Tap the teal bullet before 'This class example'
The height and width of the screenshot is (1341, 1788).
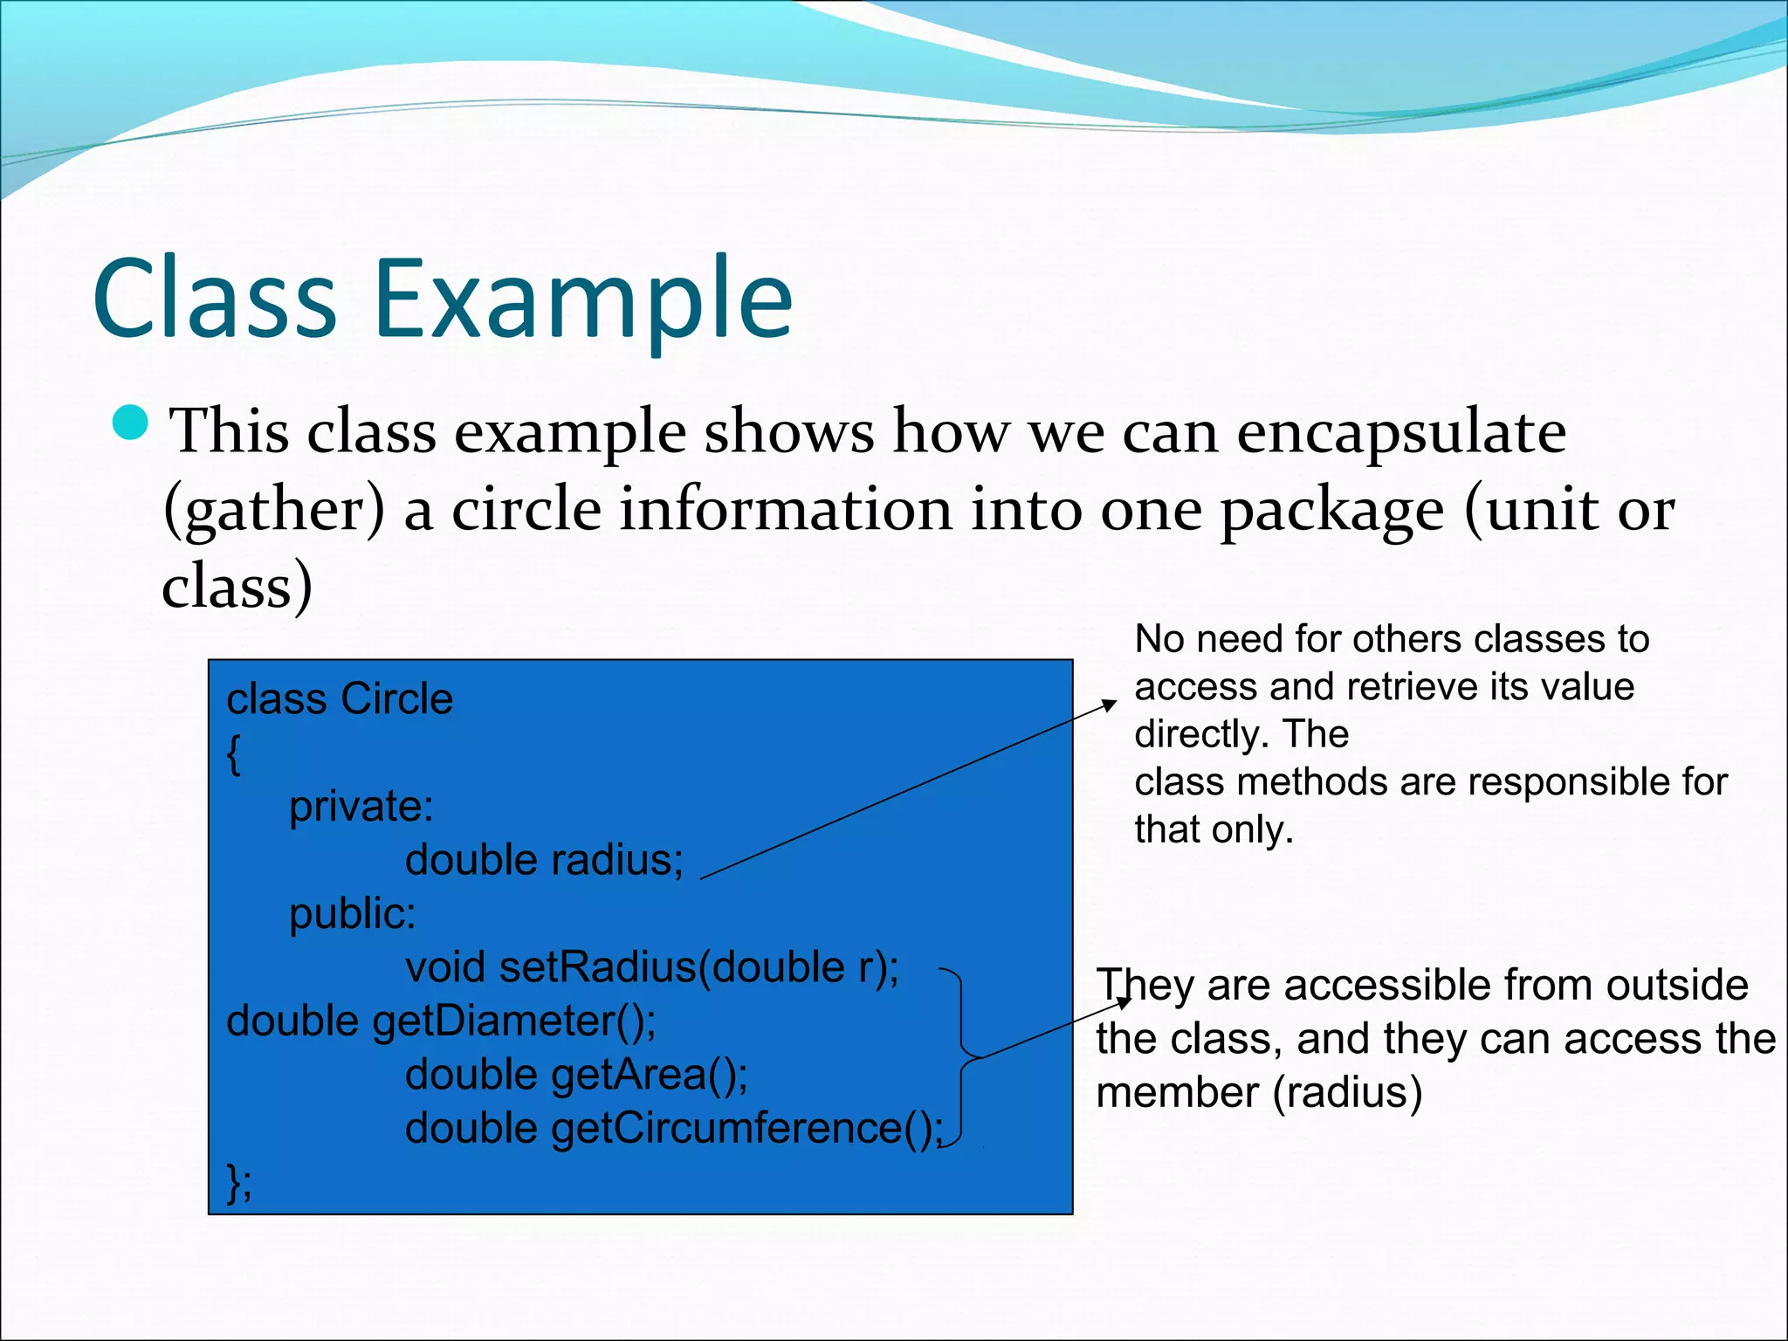point(131,423)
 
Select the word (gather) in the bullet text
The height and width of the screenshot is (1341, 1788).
point(274,510)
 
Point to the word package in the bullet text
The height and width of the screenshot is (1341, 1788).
point(1331,510)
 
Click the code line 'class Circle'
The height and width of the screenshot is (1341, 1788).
point(340,698)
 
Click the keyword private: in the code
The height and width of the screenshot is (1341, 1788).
point(361,806)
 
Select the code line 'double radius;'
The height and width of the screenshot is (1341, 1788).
point(544,860)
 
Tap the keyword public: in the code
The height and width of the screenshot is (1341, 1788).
point(352,913)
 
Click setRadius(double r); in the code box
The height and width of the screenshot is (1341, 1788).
point(698,967)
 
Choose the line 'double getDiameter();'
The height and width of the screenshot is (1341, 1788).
point(441,1021)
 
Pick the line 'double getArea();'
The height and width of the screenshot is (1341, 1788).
point(576,1074)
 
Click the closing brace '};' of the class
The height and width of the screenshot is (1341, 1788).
point(238,1182)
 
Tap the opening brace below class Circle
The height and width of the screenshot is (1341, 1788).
point(233,753)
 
